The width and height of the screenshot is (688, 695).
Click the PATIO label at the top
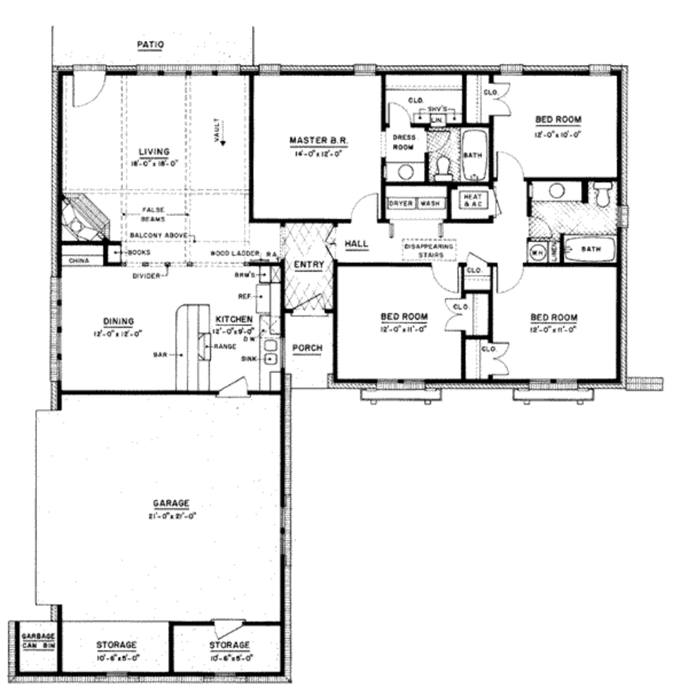[150, 44]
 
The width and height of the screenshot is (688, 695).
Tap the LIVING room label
[154, 152]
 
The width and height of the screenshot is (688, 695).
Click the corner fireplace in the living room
[85, 218]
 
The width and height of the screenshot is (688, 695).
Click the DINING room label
[118, 321]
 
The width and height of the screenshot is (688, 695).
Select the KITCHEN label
[234, 319]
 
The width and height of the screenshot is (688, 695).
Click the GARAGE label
[171, 503]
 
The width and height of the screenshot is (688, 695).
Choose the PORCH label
[307, 347]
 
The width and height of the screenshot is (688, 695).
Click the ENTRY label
[309, 265]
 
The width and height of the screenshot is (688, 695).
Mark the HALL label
[356, 243]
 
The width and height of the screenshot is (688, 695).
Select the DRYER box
[401, 203]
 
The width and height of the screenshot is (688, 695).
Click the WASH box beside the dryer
[430, 203]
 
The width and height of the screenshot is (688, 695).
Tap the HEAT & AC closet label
[468, 200]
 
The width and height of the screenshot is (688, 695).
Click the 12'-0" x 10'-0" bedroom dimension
[558, 134]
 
